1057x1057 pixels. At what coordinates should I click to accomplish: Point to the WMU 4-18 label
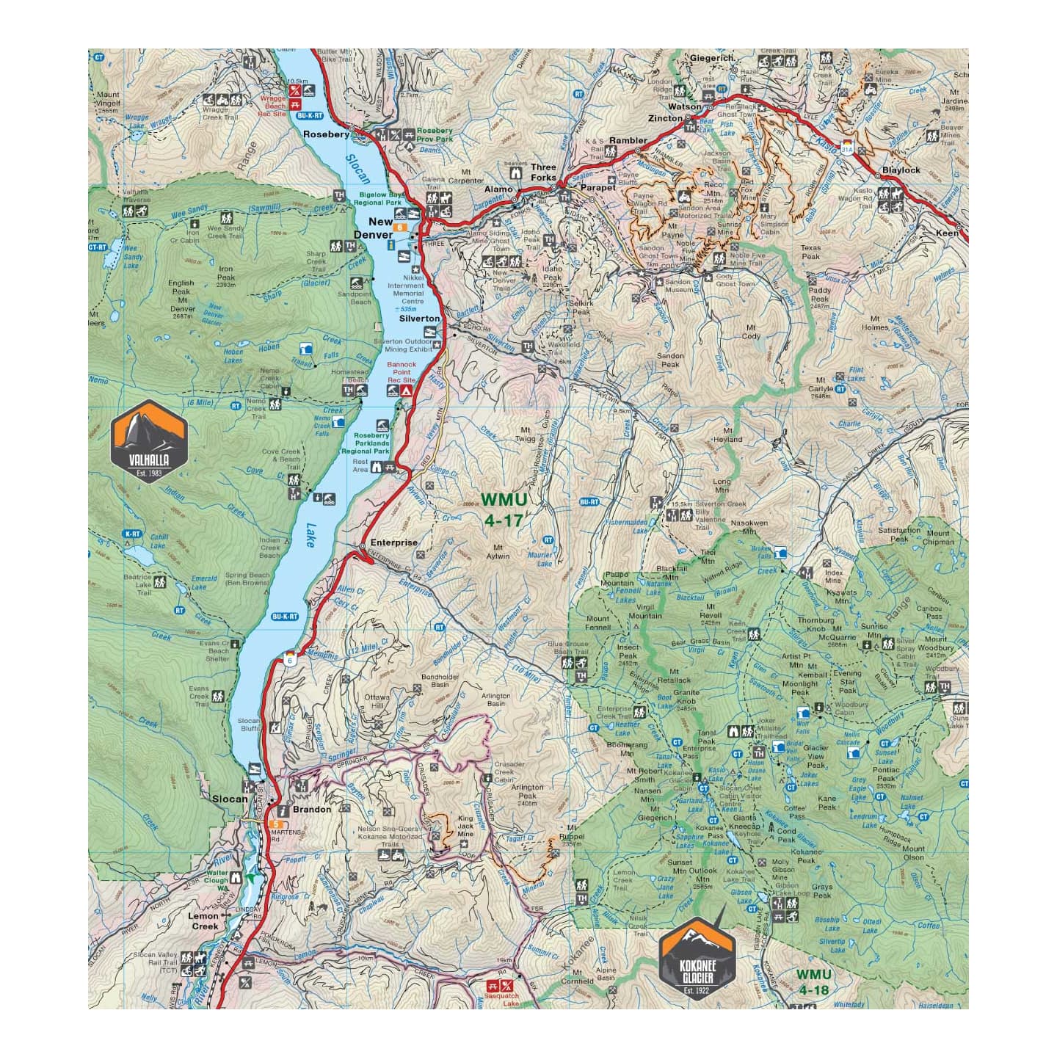(x=814, y=981)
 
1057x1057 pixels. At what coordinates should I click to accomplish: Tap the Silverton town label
(x=419, y=319)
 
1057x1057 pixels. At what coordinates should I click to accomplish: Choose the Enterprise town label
(x=393, y=543)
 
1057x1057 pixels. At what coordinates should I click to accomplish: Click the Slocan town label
(x=229, y=799)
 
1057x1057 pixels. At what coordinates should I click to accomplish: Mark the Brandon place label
(x=312, y=810)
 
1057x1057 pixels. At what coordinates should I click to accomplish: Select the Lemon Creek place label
(x=204, y=921)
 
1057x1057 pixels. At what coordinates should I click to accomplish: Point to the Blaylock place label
(x=901, y=170)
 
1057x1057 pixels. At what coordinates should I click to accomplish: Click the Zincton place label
(x=666, y=118)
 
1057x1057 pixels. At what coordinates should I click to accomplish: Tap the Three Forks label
(x=544, y=172)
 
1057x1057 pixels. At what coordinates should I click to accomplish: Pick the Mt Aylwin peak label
(x=502, y=551)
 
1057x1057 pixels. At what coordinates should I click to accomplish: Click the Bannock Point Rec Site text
(x=402, y=372)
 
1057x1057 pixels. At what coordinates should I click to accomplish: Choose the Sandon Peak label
(x=670, y=360)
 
